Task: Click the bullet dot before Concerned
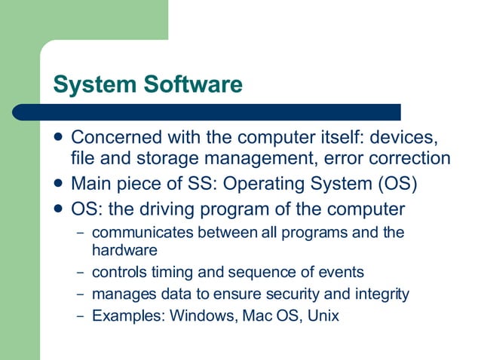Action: (x=59, y=139)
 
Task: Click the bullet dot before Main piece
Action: (x=59, y=183)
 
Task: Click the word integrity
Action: (x=381, y=294)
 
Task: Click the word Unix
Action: (x=323, y=316)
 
